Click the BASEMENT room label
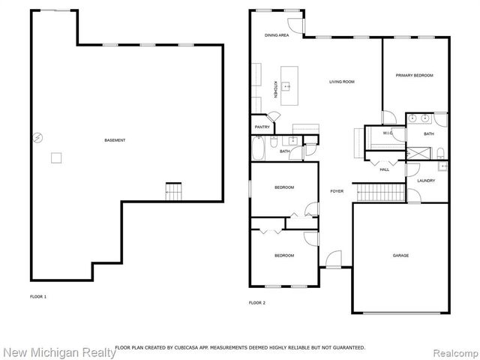(115, 140)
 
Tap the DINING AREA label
(276, 35)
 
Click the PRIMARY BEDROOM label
(415, 75)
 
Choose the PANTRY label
(262, 127)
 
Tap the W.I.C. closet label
(388, 133)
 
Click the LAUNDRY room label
(426, 181)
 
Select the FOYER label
(337, 191)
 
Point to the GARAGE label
(400, 256)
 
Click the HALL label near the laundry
(384, 169)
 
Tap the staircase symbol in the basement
(174, 191)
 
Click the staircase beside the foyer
(369, 192)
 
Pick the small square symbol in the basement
(55, 157)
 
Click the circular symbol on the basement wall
(34, 137)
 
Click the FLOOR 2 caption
(257, 302)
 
